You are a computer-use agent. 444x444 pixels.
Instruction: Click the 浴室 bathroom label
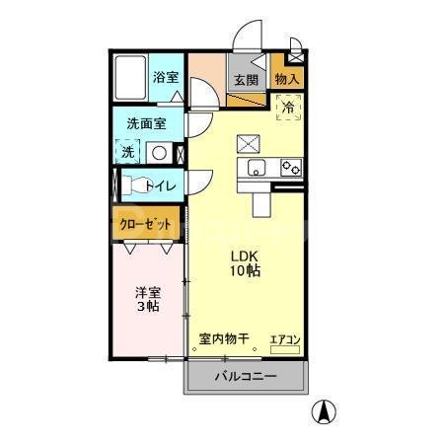(166, 77)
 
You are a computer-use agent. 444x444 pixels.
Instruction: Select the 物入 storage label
(287, 79)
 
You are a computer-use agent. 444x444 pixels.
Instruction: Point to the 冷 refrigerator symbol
(289, 107)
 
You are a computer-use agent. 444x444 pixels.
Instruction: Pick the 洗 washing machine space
(127, 153)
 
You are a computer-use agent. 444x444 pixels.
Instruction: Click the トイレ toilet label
(160, 185)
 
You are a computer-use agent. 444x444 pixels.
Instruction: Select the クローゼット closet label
(146, 224)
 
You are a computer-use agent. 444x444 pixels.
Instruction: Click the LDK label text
(246, 254)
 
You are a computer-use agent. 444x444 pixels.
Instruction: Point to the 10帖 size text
(246, 269)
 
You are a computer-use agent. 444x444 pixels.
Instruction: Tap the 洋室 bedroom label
(148, 292)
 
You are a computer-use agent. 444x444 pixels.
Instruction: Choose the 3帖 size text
(148, 308)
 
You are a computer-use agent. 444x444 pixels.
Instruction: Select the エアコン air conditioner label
(285, 339)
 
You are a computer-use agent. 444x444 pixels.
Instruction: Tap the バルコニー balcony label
(246, 376)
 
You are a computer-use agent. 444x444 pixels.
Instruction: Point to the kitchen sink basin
(256, 166)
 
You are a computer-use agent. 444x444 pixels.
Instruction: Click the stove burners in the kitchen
(289, 167)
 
